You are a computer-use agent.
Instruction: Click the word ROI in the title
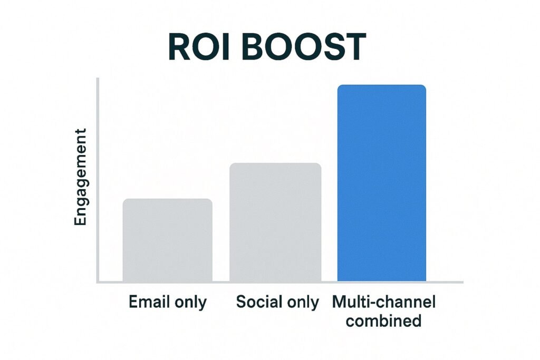199,47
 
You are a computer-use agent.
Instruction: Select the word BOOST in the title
304,47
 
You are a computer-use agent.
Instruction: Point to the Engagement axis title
80,177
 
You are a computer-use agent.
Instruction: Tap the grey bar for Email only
167,240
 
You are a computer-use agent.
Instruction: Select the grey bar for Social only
275,222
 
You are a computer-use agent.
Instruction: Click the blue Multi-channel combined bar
382,183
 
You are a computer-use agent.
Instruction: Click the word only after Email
191,303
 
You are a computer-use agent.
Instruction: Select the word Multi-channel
384,302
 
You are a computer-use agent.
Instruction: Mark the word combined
384,321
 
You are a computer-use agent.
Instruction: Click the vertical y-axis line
98,180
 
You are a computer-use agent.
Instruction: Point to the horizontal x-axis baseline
280,282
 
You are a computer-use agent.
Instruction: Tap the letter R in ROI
179,47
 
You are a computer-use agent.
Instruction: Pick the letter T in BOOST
353,47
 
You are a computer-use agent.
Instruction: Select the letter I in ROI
226,47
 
